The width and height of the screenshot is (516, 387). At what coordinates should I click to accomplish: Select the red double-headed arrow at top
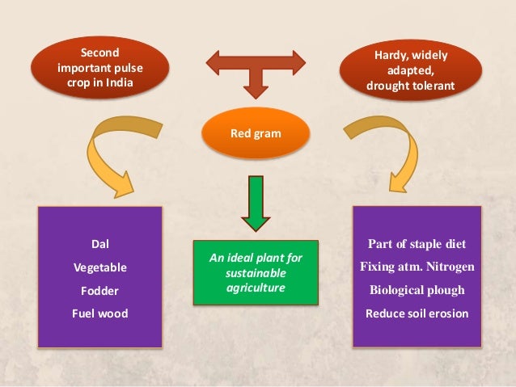pyautogui.click(x=256, y=65)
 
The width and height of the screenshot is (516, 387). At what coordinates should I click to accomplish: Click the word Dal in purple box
pyautogui.click(x=100, y=242)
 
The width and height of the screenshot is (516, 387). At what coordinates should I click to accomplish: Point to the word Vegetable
pyautogui.click(x=100, y=266)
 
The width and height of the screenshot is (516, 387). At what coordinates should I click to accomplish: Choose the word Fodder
pyautogui.click(x=100, y=289)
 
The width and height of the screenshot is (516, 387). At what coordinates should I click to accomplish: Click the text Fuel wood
pyautogui.click(x=100, y=313)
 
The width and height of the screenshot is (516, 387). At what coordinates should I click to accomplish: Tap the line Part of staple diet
pyautogui.click(x=417, y=243)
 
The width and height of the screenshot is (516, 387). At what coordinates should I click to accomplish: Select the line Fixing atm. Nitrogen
pyautogui.click(x=417, y=266)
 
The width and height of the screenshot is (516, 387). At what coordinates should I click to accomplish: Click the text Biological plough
pyautogui.click(x=417, y=289)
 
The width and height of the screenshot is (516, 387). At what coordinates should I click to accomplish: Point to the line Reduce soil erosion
pyautogui.click(x=417, y=313)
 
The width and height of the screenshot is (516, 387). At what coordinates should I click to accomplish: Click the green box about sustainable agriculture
pyautogui.click(x=256, y=272)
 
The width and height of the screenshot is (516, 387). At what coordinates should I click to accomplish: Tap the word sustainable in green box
pyautogui.click(x=255, y=272)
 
